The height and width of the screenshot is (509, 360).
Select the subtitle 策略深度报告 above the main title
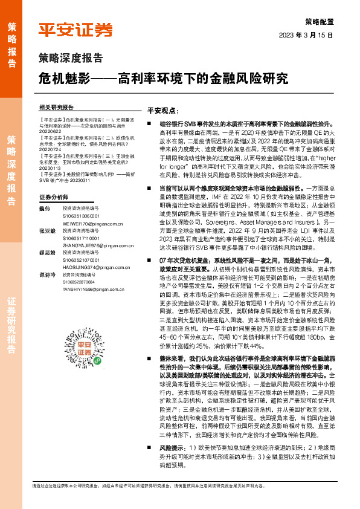(x=70, y=58)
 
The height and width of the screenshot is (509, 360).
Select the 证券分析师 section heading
(x=54, y=198)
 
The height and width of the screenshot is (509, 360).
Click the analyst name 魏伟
(x=42, y=209)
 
